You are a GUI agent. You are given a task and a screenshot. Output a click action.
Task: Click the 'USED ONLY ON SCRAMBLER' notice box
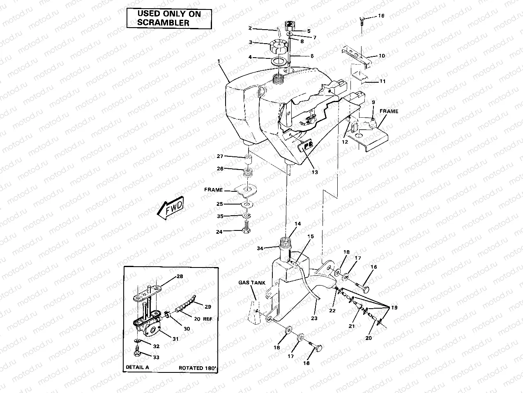pos(169,19)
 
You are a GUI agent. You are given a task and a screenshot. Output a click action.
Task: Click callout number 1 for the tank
pos(219,61)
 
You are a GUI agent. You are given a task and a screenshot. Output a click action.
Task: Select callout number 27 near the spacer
pos(220,156)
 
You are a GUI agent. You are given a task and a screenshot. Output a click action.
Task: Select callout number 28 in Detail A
pos(180,276)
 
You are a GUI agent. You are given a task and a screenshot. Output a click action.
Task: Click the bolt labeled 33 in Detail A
pos(137,353)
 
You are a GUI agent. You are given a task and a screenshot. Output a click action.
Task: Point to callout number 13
pos(314,172)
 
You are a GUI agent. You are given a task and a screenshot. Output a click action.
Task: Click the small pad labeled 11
pos(359,77)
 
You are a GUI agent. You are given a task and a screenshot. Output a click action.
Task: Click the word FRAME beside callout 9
pos(389,111)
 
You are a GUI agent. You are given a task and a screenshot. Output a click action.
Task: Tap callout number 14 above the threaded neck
pos(297,224)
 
